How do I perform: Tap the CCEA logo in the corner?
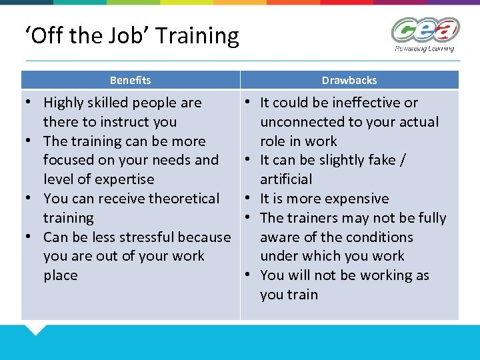tap(425, 31)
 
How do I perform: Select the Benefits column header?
tap(130, 80)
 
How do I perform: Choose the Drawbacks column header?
tap(349, 80)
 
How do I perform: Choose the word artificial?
tap(286, 179)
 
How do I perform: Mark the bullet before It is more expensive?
tap(247, 199)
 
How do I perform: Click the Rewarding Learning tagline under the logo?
tap(425, 49)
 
